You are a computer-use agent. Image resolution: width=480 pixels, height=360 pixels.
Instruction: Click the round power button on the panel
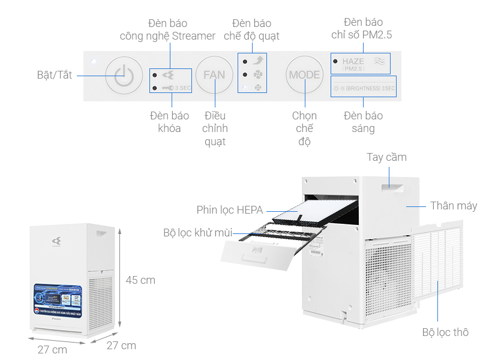pos(123,76)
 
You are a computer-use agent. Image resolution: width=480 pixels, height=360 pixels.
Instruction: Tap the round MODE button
pos(304,76)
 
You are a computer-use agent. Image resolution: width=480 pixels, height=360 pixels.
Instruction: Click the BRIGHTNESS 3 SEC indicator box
pos(364,88)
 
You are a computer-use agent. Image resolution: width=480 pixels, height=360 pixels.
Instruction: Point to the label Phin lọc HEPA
pos(229,210)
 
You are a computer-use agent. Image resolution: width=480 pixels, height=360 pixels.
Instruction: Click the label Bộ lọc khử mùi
pos(197,233)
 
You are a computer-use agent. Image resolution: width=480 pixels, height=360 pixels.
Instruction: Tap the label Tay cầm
pos(386,157)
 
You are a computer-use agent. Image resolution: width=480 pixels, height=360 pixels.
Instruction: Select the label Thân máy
pos(454,206)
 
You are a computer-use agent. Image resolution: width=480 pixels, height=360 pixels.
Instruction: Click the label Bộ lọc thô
pos(445,332)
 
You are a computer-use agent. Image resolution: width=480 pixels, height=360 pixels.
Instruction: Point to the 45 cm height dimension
pos(140,280)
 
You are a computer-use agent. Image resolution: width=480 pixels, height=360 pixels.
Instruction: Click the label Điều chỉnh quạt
pos(215,128)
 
